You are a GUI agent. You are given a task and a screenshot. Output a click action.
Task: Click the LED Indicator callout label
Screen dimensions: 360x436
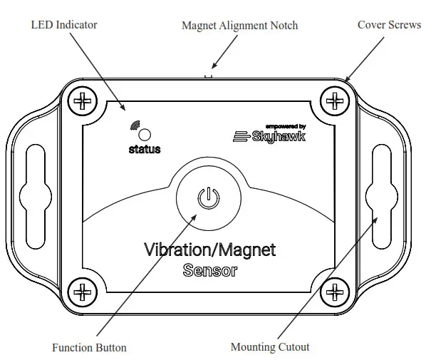coord(64,25)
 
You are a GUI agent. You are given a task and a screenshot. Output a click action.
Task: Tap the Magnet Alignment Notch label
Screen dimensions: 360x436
coord(239,26)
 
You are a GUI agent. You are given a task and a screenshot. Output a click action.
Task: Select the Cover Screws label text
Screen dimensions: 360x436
coord(390,25)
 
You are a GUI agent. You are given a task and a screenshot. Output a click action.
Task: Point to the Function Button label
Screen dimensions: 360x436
coord(89,348)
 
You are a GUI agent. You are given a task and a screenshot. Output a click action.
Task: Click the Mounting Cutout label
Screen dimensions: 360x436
coord(270,347)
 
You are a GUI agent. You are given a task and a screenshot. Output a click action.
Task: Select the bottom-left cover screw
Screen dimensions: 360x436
coord(83,291)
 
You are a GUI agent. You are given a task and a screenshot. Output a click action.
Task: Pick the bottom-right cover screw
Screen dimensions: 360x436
coord(333,291)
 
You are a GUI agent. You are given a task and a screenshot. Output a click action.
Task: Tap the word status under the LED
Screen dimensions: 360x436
coord(145,150)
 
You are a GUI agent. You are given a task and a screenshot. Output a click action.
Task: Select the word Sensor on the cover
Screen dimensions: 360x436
coord(209,271)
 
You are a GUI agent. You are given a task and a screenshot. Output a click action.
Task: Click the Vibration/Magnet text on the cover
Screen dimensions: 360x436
coord(209,250)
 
